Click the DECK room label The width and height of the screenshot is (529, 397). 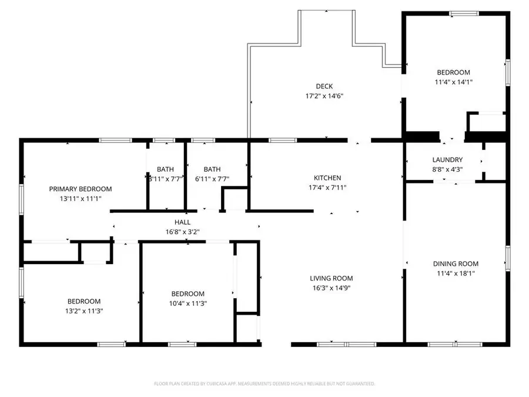[x=324, y=86]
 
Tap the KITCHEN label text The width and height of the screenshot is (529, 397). [x=327, y=178]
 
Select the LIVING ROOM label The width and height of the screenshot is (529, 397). [x=331, y=278]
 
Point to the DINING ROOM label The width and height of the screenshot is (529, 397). [x=456, y=264]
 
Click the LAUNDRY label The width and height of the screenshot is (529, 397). [x=447, y=159]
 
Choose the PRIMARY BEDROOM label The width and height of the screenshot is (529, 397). [x=80, y=189]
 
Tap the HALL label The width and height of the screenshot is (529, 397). [x=182, y=222]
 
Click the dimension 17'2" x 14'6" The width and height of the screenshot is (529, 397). [x=324, y=96]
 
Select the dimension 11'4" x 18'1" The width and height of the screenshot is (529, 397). [x=456, y=273]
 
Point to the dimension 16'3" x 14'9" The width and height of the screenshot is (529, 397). [x=331, y=288]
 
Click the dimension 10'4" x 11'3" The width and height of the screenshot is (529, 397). [x=188, y=303]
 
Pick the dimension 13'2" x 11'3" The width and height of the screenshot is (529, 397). [x=83, y=311]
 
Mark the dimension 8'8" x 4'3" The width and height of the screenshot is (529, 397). [x=447, y=169]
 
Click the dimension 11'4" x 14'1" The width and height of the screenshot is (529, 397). [x=453, y=82]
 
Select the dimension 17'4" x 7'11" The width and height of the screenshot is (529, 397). [x=327, y=188]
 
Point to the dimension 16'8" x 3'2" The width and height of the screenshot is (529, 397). [x=182, y=232]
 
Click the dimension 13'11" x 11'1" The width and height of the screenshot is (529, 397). [x=80, y=199]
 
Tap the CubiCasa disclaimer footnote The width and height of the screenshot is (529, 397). [x=264, y=383]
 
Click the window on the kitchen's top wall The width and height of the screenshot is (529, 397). [x=283, y=140]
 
